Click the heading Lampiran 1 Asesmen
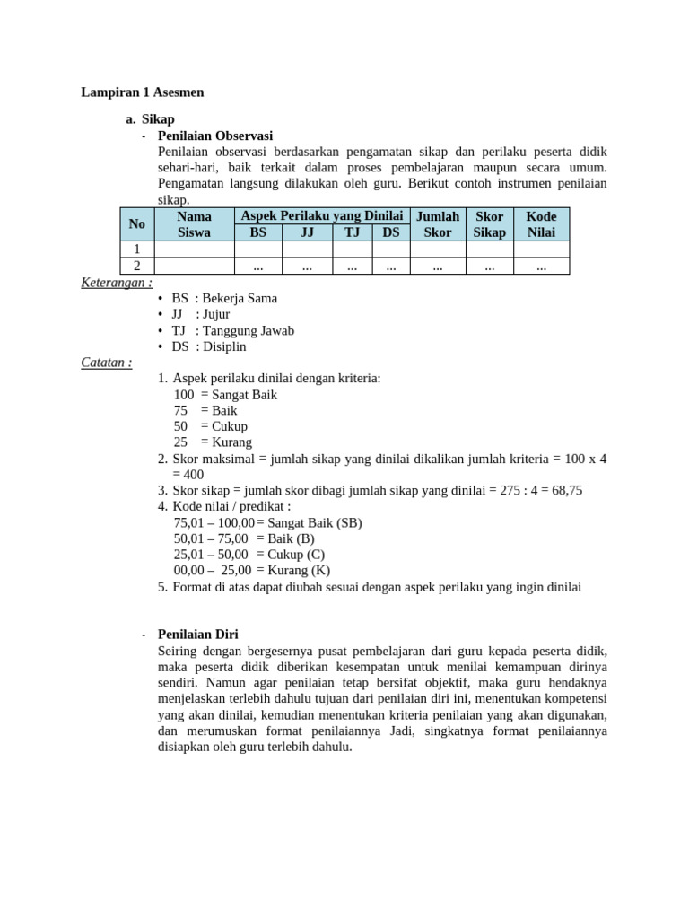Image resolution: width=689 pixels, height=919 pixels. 143,92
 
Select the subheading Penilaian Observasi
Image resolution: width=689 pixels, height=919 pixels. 214,136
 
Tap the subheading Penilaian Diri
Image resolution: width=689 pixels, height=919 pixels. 197,634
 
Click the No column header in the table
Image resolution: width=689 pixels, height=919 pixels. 137,224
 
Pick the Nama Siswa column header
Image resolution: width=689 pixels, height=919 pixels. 194,224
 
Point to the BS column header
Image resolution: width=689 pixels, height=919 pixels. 257,232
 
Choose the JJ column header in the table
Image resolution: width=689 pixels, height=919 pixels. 307,232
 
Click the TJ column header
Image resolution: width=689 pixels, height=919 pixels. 352,232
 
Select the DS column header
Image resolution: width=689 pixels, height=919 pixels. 391,232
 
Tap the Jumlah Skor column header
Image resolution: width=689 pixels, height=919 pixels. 438,224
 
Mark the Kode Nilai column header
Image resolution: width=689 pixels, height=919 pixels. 541,224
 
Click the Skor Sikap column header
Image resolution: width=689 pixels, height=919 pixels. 490,224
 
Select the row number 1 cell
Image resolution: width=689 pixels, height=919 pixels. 137,249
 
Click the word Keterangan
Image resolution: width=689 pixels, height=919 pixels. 117,282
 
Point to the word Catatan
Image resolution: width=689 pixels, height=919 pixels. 107,363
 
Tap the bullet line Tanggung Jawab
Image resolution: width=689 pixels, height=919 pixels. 232,330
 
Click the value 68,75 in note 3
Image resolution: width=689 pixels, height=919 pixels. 565,490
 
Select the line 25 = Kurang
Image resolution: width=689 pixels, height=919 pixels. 213,442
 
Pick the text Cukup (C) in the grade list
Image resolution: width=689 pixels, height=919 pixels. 295,555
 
